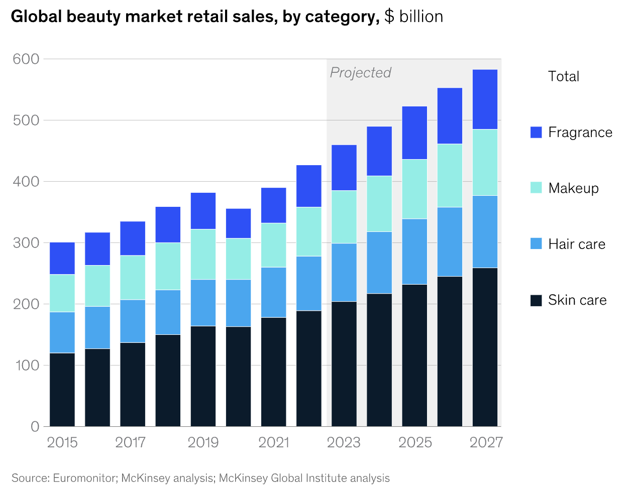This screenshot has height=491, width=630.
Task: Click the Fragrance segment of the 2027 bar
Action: [485, 99]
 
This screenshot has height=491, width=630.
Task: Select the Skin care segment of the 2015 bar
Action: [62, 390]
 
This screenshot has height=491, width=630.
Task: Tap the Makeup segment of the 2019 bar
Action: [203, 254]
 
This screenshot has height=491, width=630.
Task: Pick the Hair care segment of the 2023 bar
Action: [344, 272]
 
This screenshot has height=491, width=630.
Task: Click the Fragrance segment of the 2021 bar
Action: [274, 205]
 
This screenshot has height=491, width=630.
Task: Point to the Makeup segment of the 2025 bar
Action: [414, 189]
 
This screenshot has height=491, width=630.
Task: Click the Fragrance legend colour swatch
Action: [536, 132]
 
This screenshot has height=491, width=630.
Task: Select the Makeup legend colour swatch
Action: [536, 188]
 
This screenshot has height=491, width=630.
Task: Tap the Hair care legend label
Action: [577, 244]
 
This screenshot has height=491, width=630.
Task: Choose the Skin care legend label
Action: [577, 300]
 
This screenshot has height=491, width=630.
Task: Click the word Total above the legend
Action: [563, 76]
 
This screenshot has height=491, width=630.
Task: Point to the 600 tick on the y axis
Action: [26, 59]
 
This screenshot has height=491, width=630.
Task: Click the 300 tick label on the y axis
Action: [26, 243]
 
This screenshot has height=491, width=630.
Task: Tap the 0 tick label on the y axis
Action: [35, 427]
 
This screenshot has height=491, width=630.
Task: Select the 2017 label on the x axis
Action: [131, 442]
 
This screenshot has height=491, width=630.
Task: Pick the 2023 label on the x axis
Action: [344, 442]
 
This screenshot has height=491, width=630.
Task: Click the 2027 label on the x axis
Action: [486, 442]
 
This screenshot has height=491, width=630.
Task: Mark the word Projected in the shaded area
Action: [360, 73]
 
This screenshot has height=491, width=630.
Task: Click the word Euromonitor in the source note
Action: [84, 478]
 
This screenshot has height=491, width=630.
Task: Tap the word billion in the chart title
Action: [421, 17]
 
